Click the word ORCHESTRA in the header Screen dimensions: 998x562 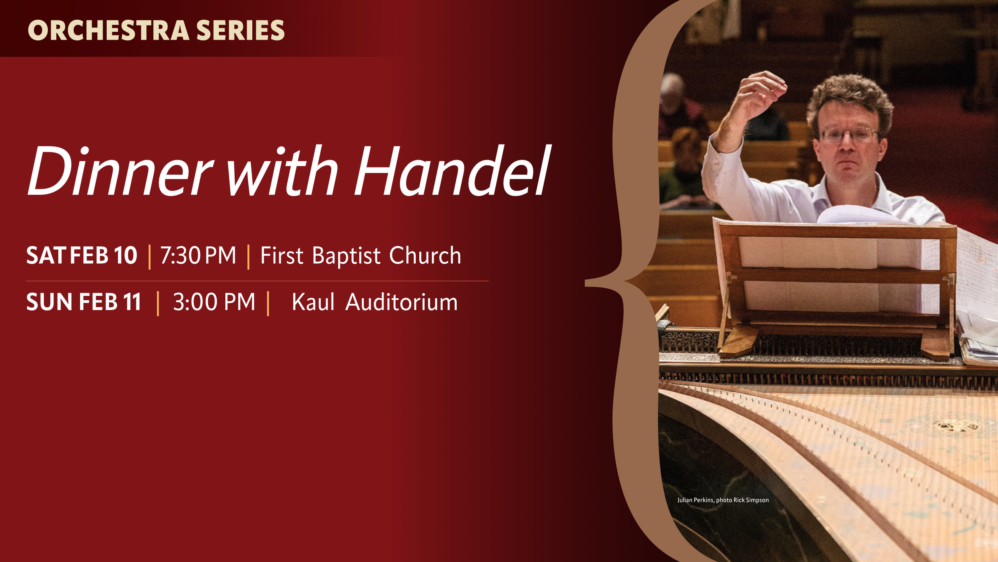(x=109, y=30)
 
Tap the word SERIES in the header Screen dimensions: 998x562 (x=241, y=30)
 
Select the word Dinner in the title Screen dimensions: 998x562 (x=120, y=171)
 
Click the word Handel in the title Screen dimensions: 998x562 (x=453, y=171)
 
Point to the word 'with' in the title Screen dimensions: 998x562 (x=282, y=171)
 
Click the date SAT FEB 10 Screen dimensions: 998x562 (x=82, y=255)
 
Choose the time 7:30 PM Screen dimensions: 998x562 (x=198, y=255)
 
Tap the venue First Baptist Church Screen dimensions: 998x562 (x=361, y=256)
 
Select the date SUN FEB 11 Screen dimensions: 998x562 (x=84, y=302)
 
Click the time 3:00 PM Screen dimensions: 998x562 (x=214, y=302)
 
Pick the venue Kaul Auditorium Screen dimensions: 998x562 (x=375, y=302)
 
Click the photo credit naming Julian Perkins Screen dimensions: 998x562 (x=723, y=500)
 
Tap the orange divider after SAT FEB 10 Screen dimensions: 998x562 (x=150, y=257)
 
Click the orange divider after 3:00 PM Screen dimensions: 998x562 (x=268, y=304)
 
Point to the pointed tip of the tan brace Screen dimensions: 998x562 (x=586, y=284)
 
